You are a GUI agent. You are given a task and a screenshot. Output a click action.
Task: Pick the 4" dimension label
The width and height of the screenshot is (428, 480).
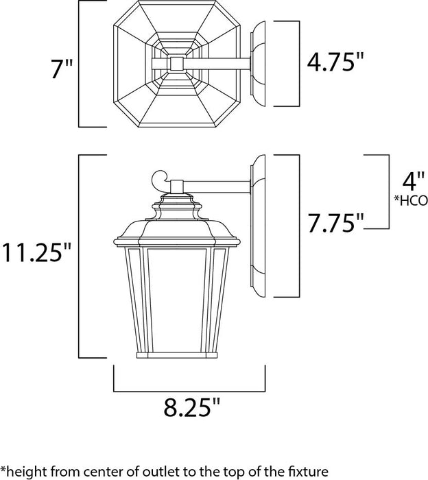(x=409, y=184)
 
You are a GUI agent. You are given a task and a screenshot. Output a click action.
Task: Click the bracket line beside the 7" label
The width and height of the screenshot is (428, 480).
(x=80, y=65)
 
